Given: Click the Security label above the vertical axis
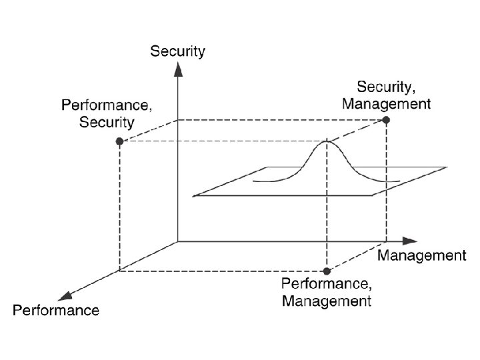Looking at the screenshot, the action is click(178, 51).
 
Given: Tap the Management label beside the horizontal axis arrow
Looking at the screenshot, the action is click(422, 255).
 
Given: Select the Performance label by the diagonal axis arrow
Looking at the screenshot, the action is click(56, 310).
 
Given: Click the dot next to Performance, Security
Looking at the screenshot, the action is click(119, 141).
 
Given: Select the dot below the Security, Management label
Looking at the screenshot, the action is click(386, 119).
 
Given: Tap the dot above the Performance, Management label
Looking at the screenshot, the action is click(327, 271).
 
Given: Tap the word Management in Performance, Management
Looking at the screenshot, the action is click(327, 301).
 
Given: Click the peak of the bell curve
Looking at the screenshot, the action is click(327, 141).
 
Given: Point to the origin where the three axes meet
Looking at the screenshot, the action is click(178, 241).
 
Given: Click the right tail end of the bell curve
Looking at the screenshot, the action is click(399, 181).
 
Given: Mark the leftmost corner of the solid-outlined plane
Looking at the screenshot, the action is click(193, 196).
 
